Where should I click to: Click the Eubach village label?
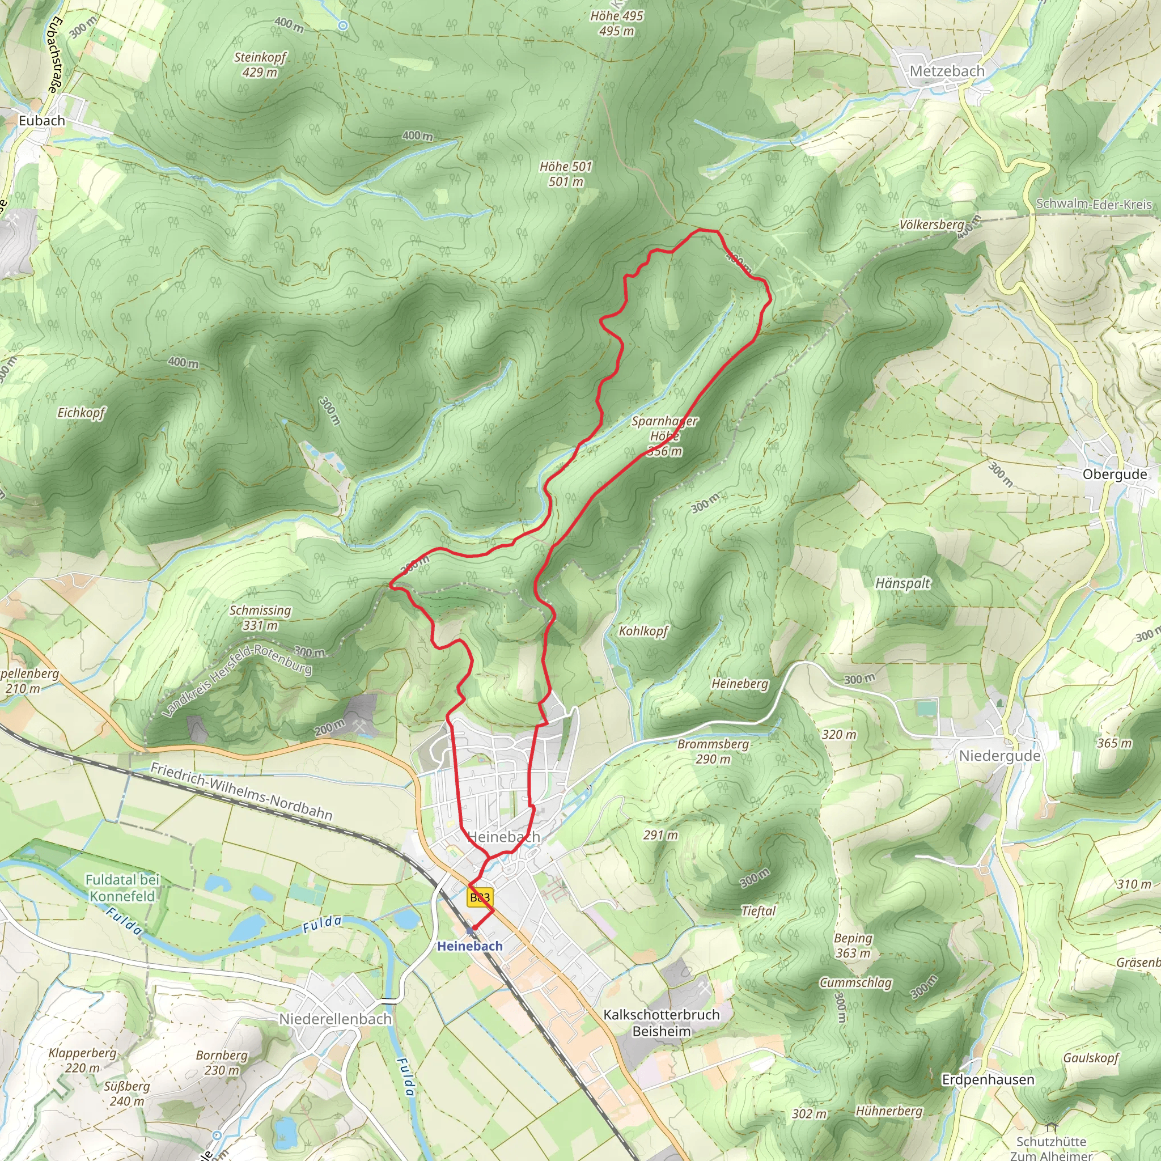click(x=41, y=121)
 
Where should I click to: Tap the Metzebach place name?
click(x=947, y=71)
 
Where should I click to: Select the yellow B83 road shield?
click(x=480, y=898)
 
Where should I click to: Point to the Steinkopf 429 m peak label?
click(x=260, y=65)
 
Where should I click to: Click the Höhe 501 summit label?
click(x=565, y=173)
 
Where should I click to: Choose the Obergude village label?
click(x=1115, y=474)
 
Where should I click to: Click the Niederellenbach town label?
click(x=336, y=1019)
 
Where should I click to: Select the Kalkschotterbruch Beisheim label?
click(x=661, y=1023)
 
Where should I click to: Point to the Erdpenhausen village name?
click(x=988, y=1079)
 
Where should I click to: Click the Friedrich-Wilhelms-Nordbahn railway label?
click(x=241, y=791)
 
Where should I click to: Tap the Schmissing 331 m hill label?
click(x=260, y=618)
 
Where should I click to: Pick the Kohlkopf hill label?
click(x=643, y=631)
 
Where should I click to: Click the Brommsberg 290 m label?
click(x=713, y=751)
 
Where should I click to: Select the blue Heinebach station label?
click(x=469, y=946)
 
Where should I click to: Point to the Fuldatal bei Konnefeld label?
click(x=122, y=888)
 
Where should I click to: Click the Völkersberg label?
click(x=931, y=224)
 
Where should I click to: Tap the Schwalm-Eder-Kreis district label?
click(x=1094, y=204)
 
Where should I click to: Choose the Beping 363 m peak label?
click(x=853, y=945)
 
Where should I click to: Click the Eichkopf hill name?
click(x=81, y=413)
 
